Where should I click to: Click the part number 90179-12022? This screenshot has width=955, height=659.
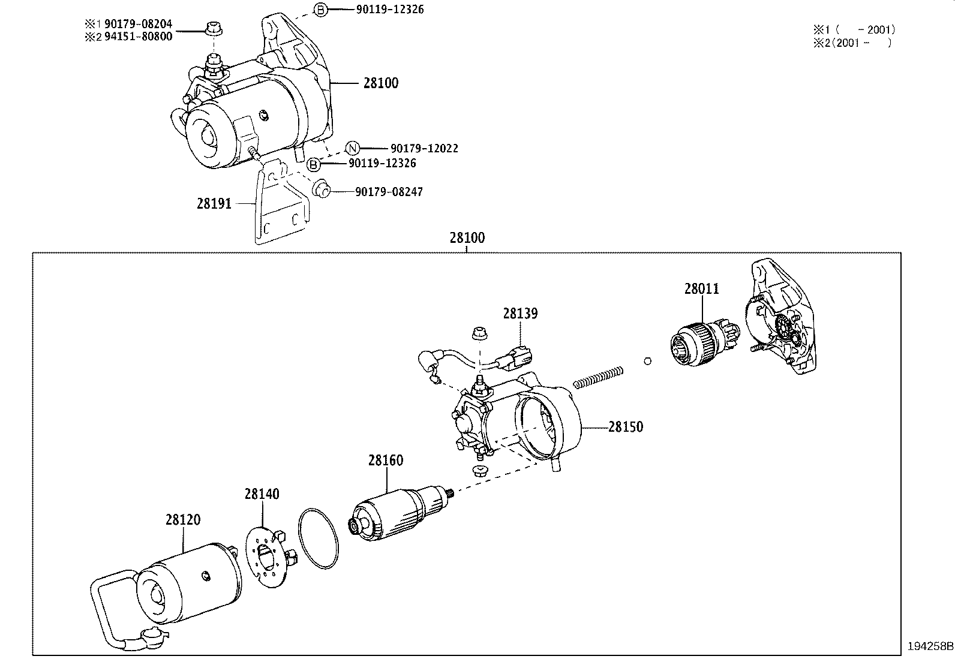point(424,148)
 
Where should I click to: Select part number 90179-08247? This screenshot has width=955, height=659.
point(389,192)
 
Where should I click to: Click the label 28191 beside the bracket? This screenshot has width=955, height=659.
point(214,204)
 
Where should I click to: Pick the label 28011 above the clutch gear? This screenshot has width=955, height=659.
point(701,289)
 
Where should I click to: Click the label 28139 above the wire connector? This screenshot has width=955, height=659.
point(520,313)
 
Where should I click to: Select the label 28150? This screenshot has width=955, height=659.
point(625,427)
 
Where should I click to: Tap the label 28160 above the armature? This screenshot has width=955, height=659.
point(386,461)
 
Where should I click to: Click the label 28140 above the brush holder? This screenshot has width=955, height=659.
point(262,494)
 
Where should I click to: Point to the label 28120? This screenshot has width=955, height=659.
point(183,520)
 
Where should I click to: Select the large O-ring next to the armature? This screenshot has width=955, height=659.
point(319,538)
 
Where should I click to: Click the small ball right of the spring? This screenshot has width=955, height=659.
point(647,360)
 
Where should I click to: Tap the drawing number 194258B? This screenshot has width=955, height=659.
point(930,646)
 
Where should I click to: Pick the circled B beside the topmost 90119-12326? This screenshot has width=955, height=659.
point(321,10)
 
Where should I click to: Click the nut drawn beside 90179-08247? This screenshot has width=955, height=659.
point(321,189)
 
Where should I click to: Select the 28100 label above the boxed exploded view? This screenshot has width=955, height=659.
point(467,238)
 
